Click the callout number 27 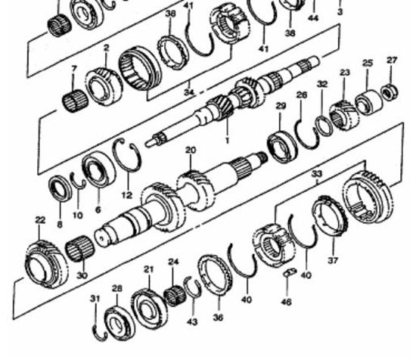tap(392, 61)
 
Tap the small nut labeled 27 tap(390, 92)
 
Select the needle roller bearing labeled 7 tap(75, 101)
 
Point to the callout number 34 tap(189, 92)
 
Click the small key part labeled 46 tap(290, 272)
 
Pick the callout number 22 tap(40, 220)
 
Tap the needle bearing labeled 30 tap(80, 248)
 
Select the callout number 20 tap(191, 151)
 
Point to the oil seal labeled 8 tap(61, 188)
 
